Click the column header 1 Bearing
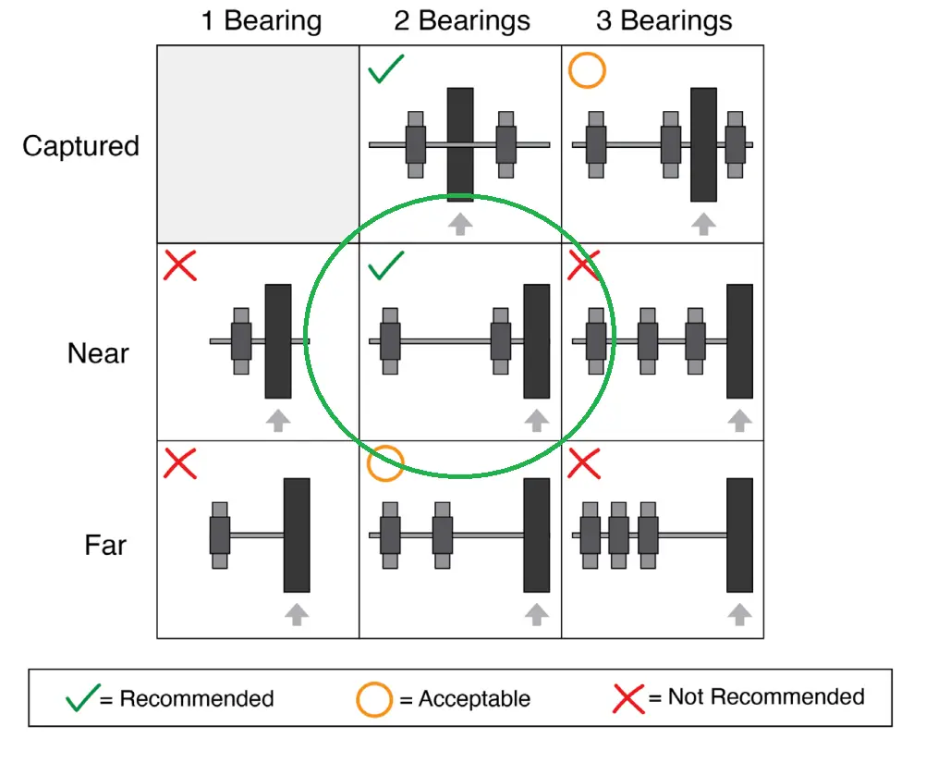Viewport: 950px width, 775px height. [262, 21]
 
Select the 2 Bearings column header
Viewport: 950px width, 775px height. [462, 21]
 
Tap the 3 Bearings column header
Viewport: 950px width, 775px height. [664, 21]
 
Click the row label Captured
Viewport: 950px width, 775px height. [80, 146]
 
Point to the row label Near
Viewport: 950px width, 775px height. [98, 353]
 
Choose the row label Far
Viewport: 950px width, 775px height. [105, 545]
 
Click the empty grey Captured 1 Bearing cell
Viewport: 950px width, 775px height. [258, 144]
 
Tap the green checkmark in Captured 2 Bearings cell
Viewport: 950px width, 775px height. [386, 70]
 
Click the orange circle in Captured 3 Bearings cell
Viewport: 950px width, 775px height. [587, 70]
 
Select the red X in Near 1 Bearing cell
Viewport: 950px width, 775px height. [180, 265]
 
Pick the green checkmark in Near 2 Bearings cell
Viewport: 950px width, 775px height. [386, 266]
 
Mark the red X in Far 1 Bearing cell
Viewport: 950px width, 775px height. [180, 462]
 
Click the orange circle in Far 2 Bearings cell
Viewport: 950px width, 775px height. [385, 463]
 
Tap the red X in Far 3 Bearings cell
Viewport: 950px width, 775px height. [584, 462]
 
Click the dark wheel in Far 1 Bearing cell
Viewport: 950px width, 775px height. [297, 535]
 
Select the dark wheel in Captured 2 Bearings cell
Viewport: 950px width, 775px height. [460, 144]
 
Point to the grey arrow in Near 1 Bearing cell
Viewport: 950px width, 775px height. [278, 420]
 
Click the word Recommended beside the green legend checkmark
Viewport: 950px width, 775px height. [197, 698]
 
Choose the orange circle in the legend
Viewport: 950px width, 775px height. [374, 699]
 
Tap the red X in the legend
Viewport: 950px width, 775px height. [628, 698]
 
